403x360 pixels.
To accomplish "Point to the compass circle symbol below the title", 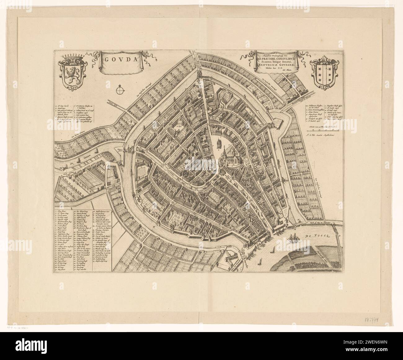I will click(119, 90).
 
